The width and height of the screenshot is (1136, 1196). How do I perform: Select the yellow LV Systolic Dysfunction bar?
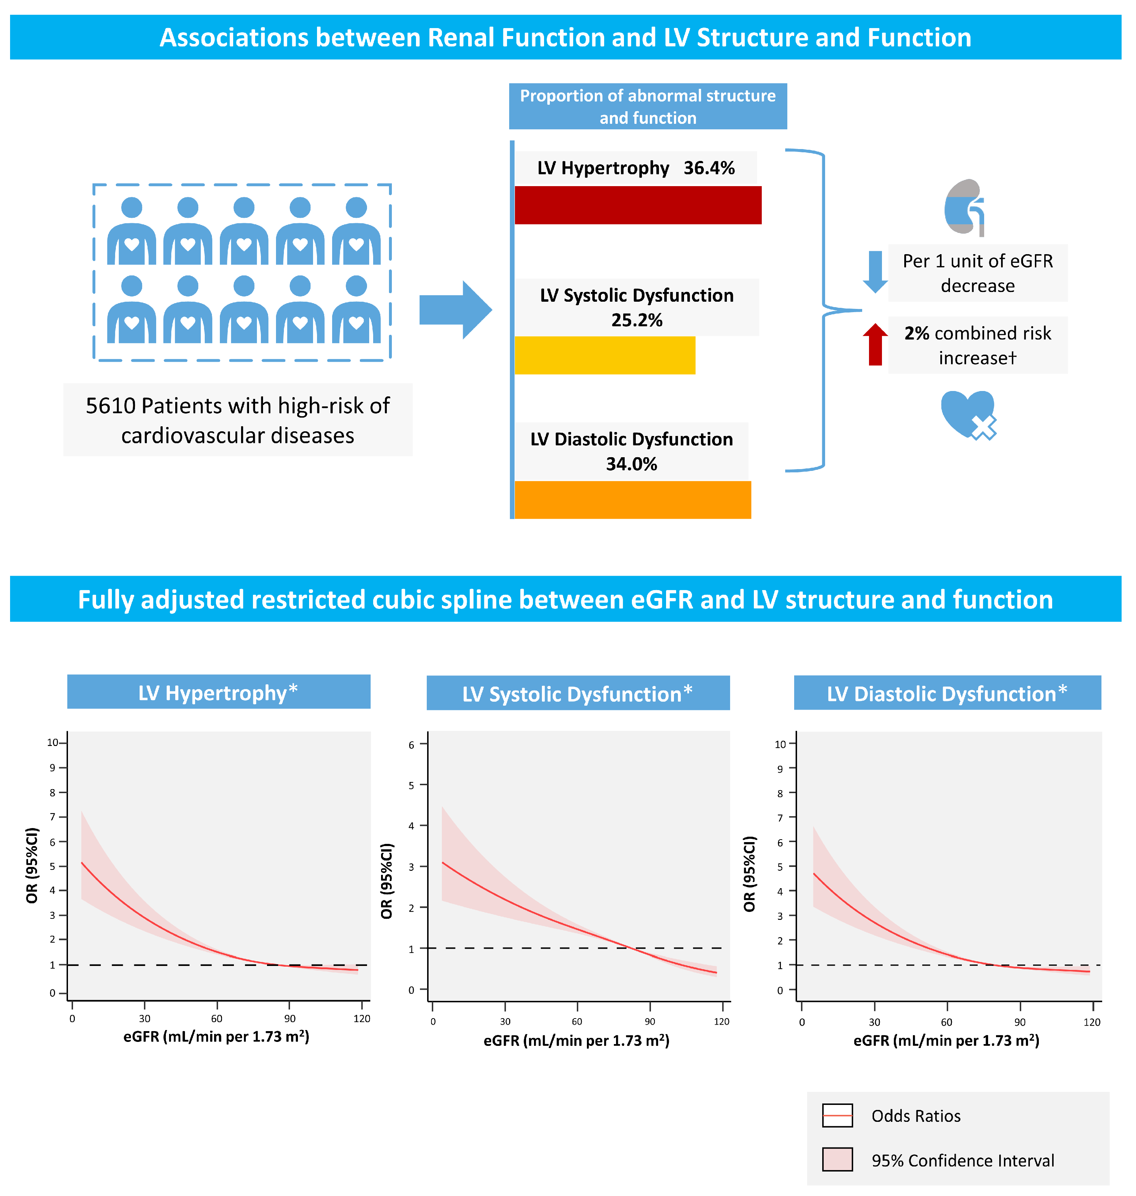point(604,356)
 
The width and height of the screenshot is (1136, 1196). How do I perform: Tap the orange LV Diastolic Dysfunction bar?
point(632,500)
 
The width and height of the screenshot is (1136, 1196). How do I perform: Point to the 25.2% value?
point(637,320)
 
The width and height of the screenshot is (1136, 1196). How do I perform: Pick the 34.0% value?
point(631,464)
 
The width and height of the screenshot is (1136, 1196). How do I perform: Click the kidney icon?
point(965,207)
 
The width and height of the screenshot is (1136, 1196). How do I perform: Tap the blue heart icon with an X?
point(968,414)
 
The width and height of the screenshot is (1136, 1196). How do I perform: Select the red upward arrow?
point(875,344)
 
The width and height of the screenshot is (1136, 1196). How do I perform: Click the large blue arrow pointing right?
point(455,310)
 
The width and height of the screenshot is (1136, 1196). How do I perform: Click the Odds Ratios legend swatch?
point(837,1115)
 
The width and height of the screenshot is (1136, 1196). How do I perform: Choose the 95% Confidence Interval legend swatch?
point(837,1160)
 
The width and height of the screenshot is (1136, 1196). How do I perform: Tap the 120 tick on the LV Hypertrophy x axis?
point(362,1019)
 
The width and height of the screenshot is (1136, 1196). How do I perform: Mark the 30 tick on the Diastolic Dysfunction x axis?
point(874,1022)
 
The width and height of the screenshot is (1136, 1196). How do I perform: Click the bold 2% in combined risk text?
point(916,333)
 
